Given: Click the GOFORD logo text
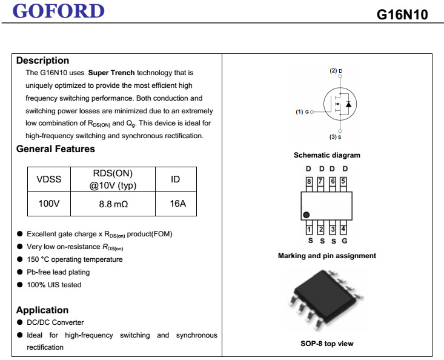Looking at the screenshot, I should click(x=59, y=11).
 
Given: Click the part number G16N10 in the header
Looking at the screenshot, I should click(x=402, y=15).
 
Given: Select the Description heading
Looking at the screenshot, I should click(x=42, y=61).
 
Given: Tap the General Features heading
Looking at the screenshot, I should click(x=56, y=149).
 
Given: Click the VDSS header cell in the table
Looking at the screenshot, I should click(x=49, y=179).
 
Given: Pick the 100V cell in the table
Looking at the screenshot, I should click(x=49, y=204).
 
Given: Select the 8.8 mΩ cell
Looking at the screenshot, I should click(x=113, y=204).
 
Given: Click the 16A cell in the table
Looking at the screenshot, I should click(x=178, y=204).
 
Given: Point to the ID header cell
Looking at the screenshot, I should click(x=176, y=179).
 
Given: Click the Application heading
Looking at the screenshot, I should click(x=42, y=310).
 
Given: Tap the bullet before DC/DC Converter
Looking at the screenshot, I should click(x=20, y=322).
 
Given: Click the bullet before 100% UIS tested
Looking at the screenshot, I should click(x=20, y=285).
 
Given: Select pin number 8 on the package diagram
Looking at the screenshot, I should click(x=309, y=181).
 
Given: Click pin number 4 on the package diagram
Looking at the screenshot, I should click(x=343, y=229).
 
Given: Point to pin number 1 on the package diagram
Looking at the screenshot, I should click(x=309, y=229).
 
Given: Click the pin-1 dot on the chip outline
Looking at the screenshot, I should click(x=307, y=215).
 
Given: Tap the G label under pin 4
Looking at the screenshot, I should click(x=344, y=241).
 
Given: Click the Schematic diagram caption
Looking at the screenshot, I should click(x=326, y=156).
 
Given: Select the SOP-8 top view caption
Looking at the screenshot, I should click(x=326, y=344).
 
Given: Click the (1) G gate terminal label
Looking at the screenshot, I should click(x=302, y=112).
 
